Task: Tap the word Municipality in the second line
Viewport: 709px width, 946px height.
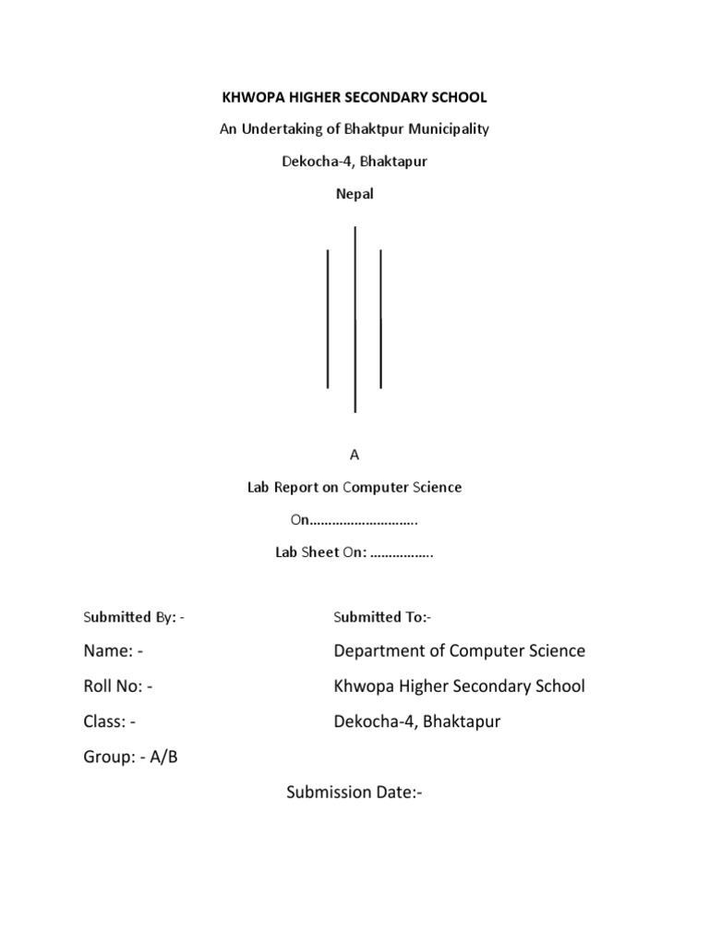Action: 448,129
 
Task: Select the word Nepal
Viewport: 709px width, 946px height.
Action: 354,195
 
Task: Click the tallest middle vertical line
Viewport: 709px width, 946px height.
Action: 355,319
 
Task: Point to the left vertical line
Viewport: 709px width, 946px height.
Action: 328,319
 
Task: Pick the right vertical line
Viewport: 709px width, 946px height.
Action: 381,319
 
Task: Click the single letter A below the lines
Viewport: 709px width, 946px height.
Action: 354,455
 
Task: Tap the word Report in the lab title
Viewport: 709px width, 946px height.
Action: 294,487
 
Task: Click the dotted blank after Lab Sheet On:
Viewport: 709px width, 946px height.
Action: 402,554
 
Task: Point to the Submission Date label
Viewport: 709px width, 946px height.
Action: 354,793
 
